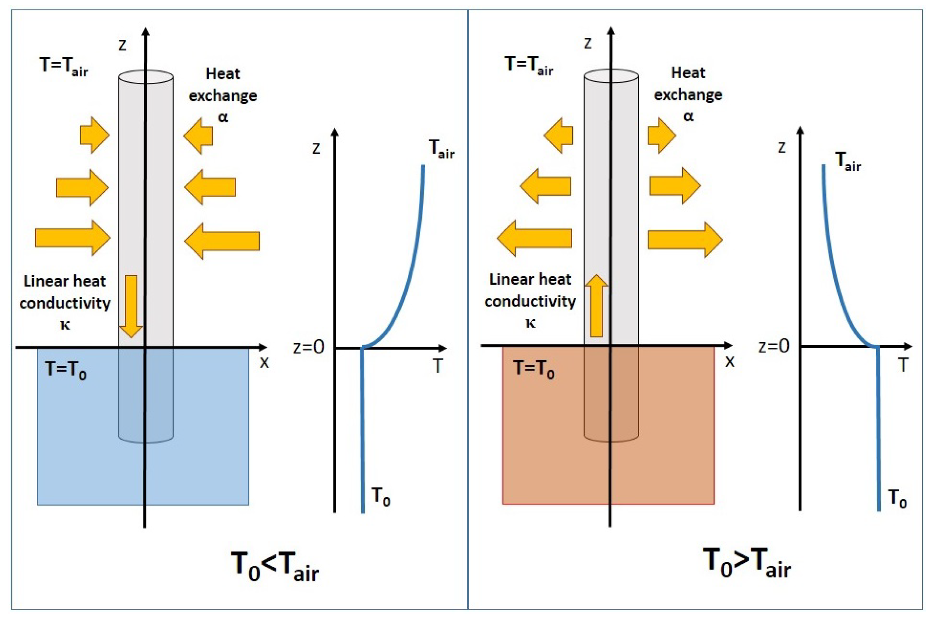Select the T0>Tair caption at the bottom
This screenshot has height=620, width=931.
coord(747,563)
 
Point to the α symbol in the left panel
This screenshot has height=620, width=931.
coord(223,117)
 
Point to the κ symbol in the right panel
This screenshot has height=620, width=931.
coord(531,323)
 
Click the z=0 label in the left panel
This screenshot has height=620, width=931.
coord(309,347)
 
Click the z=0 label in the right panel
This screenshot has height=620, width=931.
coord(774,346)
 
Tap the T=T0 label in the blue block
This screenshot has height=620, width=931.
coord(65,370)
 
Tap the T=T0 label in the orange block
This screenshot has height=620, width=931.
coord(534,369)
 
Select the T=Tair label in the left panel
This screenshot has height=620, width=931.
coord(64,66)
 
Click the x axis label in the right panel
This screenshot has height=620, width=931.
coord(730,362)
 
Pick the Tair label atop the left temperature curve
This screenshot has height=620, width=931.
coord(441,149)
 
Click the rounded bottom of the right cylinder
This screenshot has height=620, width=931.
coord(611,437)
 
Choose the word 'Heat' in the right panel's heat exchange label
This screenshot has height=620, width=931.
coord(688,73)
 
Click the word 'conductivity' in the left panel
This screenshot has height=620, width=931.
coord(65,303)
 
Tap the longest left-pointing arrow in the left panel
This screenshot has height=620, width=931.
coord(222,241)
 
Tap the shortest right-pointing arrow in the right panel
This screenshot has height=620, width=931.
coord(661,136)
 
